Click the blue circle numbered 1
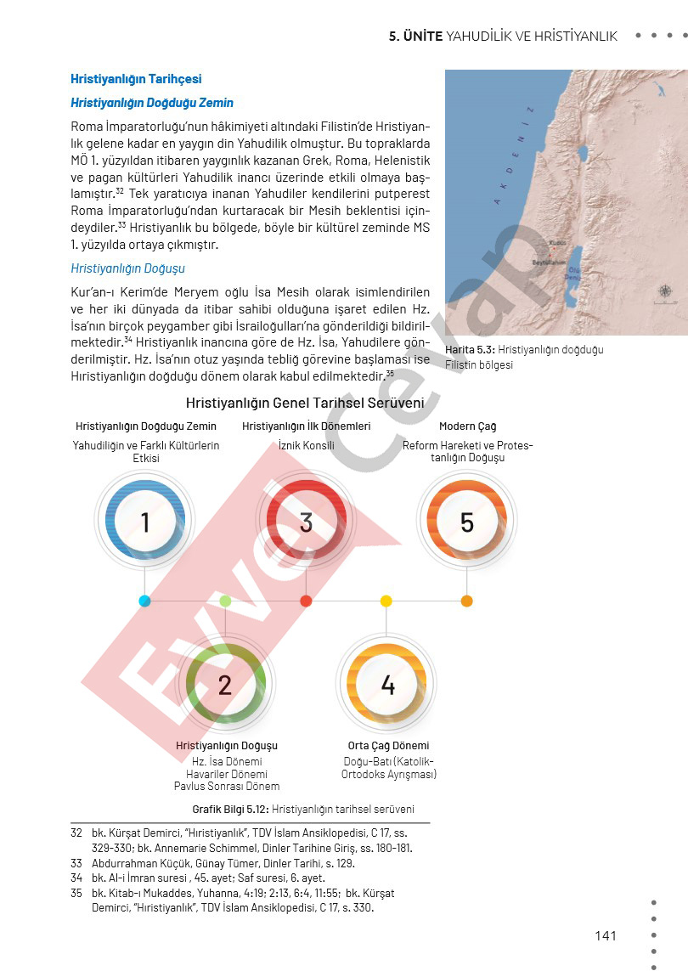(144, 522)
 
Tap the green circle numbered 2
(225, 684)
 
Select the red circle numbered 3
(306, 522)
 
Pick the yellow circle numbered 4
(387, 684)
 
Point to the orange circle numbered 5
(466, 522)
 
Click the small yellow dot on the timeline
(386, 601)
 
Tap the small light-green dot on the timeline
(225, 601)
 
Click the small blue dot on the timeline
(144, 601)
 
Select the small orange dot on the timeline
(466, 601)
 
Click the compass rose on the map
(665, 291)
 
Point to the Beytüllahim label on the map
(548, 263)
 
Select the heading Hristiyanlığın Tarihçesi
(136, 79)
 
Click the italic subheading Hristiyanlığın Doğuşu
(127, 268)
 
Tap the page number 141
(606, 935)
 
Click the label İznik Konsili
(306, 445)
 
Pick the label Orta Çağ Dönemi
(388, 746)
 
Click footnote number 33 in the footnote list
(76, 863)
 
